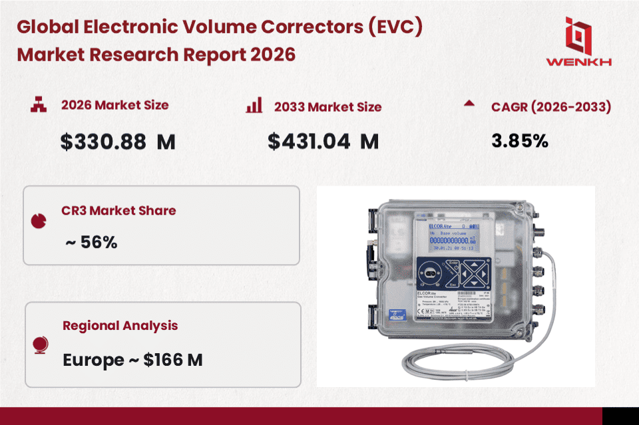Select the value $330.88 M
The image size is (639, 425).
pyautogui.click(x=117, y=142)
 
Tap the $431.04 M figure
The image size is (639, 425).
pyautogui.click(x=323, y=142)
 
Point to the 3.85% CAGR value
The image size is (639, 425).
pyautogui.click(x=519, y=140)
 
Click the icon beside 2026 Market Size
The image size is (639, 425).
pyautogui.click(x=39, y=104)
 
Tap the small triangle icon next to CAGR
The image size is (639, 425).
pyautogui.click(x=469, y=104)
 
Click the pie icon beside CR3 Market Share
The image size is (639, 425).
pyautogui.click(x=39, y=220)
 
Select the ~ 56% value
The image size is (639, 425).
pyautogui.click(x=91, y=242)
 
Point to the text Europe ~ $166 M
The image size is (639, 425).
pyautogui.click(x=132, y=360)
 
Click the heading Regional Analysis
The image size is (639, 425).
pyautogui.click(x=120, y=326)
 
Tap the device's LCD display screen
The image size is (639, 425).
pyautogui.click(x=453, y=239)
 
